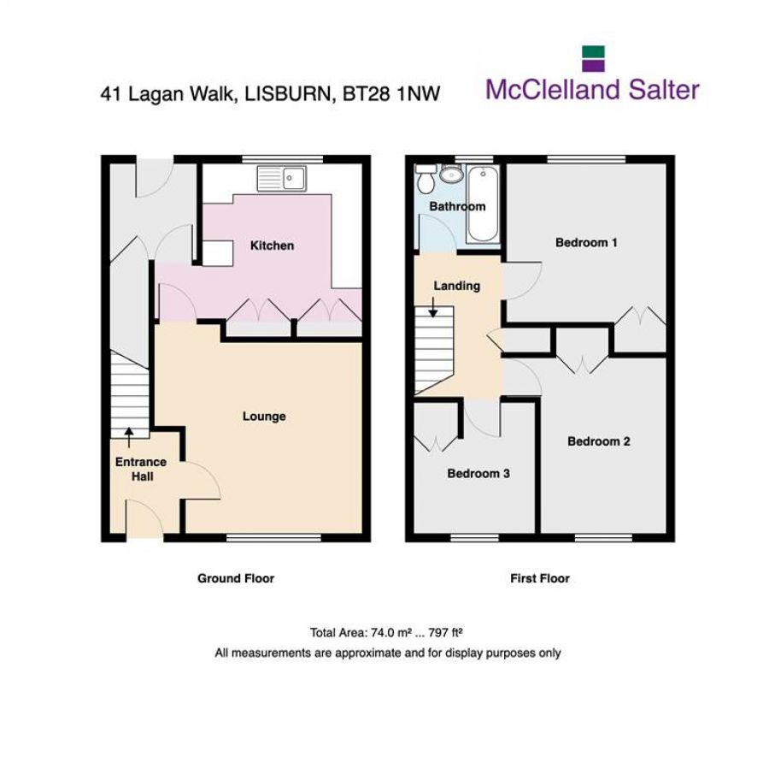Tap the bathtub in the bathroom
(481, 204)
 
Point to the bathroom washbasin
(450, 175)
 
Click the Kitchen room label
(272, 245)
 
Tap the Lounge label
(264, 417)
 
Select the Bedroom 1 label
(586, 242)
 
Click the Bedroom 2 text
(599, 441)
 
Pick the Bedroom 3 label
(478, 473)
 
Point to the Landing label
(456, 286)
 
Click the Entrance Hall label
(142, 469)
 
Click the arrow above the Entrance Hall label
(128, 436)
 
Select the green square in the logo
(593, 52)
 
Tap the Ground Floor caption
(236, 578)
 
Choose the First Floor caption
(540, 578)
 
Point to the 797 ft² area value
(441, 633)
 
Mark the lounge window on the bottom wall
(274, 538)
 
